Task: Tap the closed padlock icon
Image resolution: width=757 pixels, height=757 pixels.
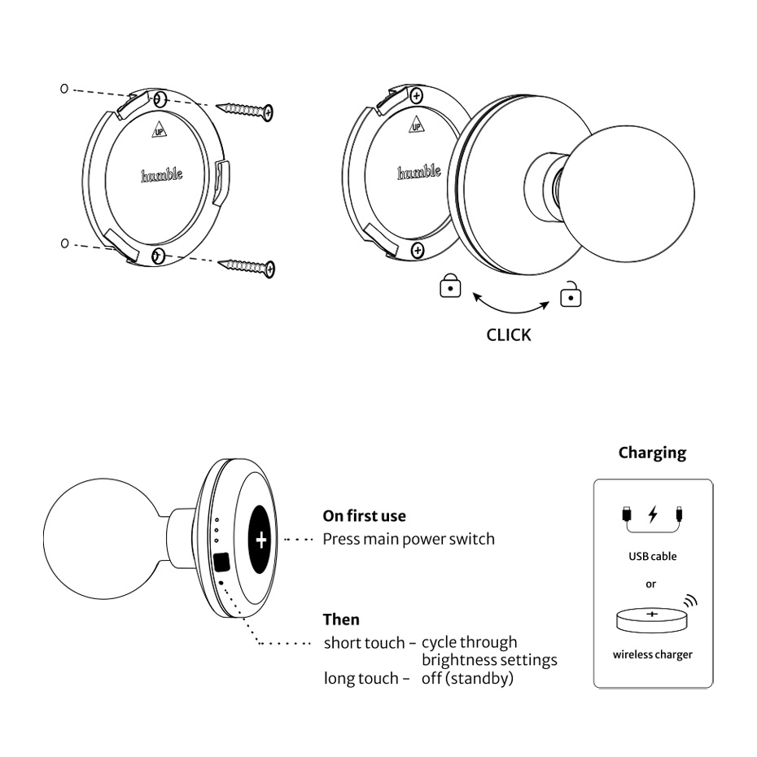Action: coord(450,287)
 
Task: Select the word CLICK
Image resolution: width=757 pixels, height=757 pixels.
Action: coord(508,335)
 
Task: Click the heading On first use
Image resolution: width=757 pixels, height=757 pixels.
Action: coord(364,516)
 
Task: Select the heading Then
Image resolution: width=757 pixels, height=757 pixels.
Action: coord(341,619)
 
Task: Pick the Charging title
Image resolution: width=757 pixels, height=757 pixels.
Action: coord(652,453)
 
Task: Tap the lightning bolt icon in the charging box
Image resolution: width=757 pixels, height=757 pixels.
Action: coord(652,514)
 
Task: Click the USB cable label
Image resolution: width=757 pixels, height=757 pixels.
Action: coord(652,557)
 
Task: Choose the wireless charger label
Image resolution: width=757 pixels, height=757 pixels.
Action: coord(652,654)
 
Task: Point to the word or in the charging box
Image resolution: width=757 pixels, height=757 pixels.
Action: coord(650,584)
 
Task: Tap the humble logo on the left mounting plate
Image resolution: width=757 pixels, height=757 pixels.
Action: coord(162,175)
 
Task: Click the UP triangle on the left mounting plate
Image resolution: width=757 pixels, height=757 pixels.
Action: coord(157,129)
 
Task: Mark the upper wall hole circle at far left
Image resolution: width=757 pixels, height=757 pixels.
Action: coord(64,89)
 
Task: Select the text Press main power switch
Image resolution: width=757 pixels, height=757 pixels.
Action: coord(409,539)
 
